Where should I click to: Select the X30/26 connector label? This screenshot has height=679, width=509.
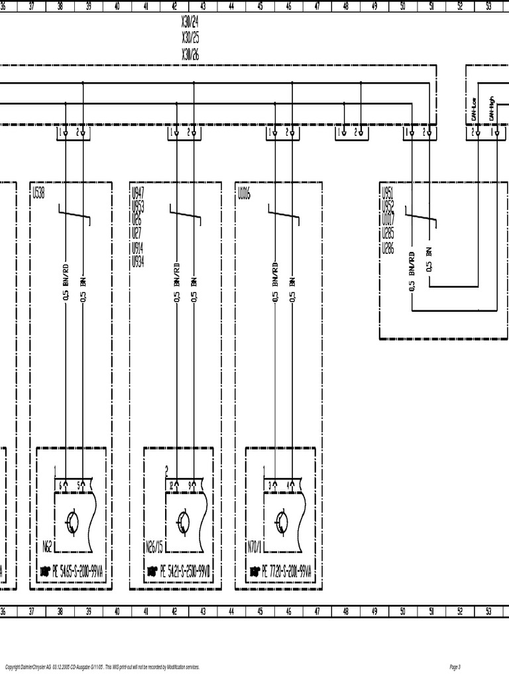click(x=190, y=54)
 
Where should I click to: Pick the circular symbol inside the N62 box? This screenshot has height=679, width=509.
click(x=72, y=523)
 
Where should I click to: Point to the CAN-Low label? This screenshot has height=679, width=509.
click(x=475, y=105)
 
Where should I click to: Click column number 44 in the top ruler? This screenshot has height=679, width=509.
click(x=231, y=7)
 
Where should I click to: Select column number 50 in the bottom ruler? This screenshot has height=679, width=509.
click(x=402, y=611)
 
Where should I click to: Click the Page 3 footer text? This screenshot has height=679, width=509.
click(x=455, y=666)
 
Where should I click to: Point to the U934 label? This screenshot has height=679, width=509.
click(x=138, y=261)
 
